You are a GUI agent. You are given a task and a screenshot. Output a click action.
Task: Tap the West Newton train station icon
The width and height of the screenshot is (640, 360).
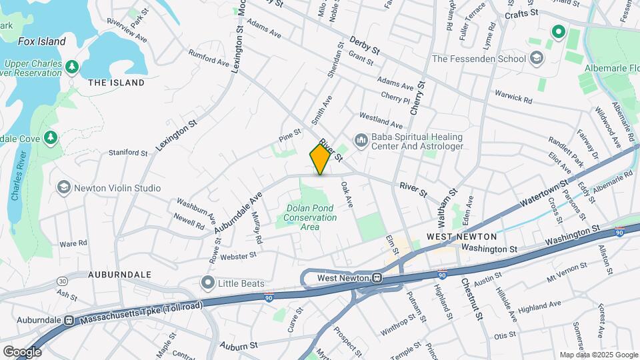point(377,278)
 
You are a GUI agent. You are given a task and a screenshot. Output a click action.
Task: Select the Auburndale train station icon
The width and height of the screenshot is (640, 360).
point(69,320)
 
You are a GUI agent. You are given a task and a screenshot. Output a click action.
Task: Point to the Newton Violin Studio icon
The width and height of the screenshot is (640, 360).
point(64,188)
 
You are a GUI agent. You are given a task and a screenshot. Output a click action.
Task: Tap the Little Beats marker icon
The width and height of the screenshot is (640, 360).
point(208,283)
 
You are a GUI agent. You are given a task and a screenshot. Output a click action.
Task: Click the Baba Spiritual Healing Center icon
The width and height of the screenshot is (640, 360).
point(361,140)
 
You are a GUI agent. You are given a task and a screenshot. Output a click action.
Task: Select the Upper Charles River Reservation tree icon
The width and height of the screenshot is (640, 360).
point(72,67)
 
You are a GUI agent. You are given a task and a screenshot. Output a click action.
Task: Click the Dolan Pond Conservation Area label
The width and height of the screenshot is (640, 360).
point(311,217)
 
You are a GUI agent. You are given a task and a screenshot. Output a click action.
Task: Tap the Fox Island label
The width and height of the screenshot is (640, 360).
point(41,41)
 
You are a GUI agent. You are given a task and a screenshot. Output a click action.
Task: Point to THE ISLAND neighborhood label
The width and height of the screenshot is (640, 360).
point(116,83)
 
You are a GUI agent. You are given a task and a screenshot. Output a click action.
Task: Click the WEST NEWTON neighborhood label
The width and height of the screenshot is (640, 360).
point(461,237)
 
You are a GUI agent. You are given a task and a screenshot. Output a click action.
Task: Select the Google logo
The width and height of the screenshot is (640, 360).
point(22,352)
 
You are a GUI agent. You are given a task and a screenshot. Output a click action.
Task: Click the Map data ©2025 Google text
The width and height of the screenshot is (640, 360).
point(597,355)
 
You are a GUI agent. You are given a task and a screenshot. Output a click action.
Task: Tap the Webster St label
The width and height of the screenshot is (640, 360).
point(239,255)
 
